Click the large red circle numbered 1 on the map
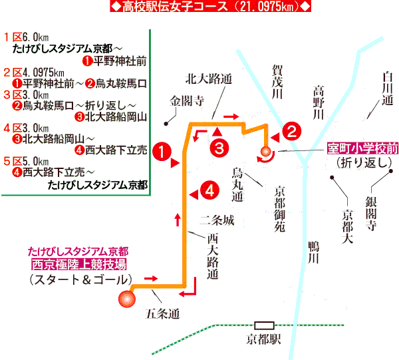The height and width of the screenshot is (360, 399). (x=161, y=150)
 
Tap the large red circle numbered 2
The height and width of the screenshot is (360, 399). (x=291, y=130)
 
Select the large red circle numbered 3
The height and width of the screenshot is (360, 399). (x=221, y=147)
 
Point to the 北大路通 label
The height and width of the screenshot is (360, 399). (x=209, y=78)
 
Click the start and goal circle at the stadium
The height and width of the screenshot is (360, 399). (x=124, y=300)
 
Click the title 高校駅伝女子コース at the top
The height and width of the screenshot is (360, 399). (x=199, y=7)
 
